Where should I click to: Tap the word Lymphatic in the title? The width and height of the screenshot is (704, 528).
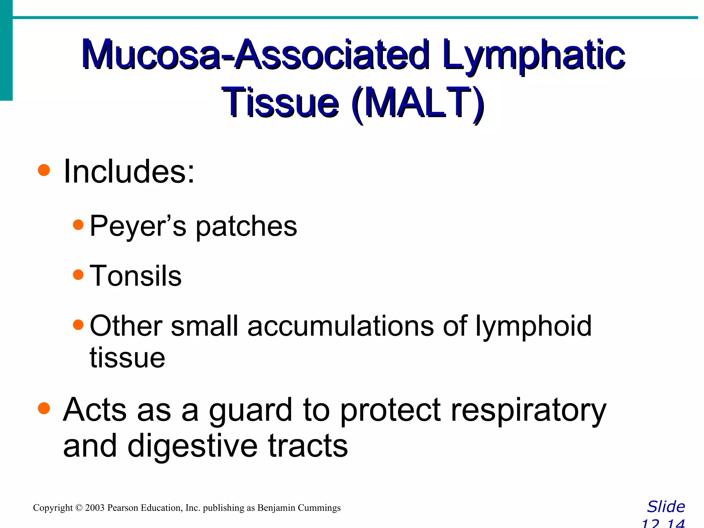(x=533, y=55)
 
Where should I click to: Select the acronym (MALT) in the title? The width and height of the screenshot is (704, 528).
(x=418, y=102)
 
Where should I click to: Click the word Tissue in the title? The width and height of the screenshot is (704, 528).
(x=280, y=102)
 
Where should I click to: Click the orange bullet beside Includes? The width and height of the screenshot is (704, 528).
(x=44, y=170)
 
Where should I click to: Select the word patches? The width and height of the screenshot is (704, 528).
(x=246, y=227)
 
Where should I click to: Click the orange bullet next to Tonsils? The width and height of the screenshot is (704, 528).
(x=78, y=275)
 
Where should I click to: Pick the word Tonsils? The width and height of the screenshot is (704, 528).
(x=135, y=276)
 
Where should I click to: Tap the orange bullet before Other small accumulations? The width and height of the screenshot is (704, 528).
(x=78, y=325)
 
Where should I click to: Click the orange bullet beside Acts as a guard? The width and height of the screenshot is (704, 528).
(x=44, y=409)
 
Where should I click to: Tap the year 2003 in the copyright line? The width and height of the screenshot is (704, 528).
(x=95, y=508)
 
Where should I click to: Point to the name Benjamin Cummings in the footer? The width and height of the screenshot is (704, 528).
(x=299, y=508)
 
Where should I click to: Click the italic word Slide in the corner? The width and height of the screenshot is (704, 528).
(x=666, y=507)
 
